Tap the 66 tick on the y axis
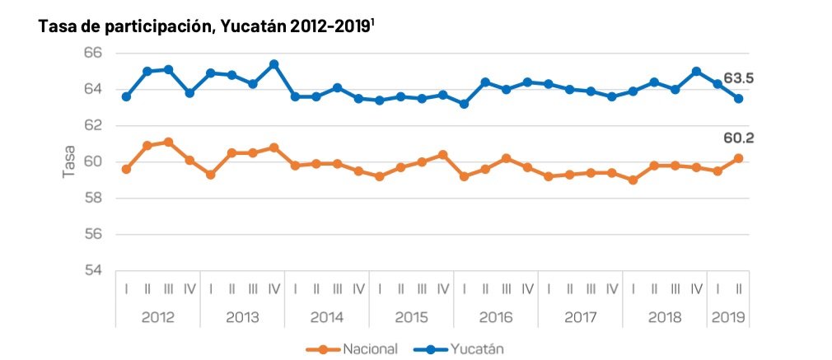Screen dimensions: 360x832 (x=91, y=53)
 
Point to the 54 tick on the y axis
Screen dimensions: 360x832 (x=91, y=270)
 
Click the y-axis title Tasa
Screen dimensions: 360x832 (x=70, y=161)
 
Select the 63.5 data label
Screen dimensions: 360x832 (x=739, y=79)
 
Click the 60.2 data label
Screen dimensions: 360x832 (x=739, y=138)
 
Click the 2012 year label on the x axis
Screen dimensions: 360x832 (x=157, y=317)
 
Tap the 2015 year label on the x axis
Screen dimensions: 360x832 (x=411, y=317)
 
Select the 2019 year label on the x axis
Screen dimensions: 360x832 (x=727, y=317)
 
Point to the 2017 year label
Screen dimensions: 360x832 (x=580, y=317)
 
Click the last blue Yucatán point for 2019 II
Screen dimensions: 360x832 (x=739, y=98)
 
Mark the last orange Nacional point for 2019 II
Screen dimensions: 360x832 (x=739, y=158)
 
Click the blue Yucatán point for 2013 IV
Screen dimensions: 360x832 (x=273, y=64)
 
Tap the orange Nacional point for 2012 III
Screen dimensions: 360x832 (x=168, y=142)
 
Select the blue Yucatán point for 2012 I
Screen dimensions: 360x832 (x=126, y=96)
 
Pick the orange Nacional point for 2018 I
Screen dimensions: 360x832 (x=633, y=180)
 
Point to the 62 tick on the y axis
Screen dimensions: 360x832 (x=91, y=125)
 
